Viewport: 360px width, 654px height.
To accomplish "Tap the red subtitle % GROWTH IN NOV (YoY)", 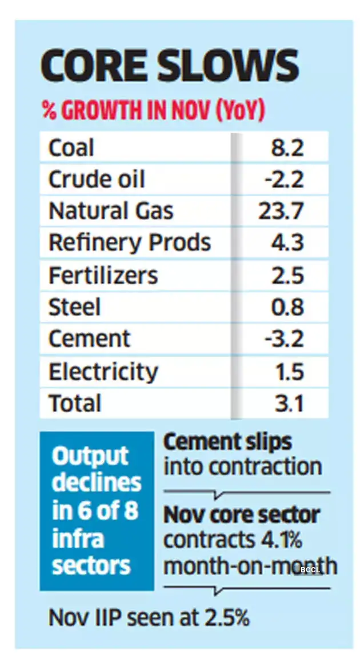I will (153, 111).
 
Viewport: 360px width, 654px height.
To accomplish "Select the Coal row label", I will (71, 148).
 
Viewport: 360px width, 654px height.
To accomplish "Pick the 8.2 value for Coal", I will (287, 148).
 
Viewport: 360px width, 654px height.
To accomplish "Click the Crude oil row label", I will (97, 180).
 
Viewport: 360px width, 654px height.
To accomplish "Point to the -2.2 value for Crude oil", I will (284, 180).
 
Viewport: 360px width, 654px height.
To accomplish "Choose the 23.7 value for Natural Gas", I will (281, 211).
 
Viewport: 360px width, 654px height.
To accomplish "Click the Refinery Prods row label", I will (130, 243).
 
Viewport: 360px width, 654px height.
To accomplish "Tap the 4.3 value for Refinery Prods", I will (287, 243).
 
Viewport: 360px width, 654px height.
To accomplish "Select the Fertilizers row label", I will (103, 276).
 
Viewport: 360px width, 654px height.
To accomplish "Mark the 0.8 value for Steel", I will (287, 308).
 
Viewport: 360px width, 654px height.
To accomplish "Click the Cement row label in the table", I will (89, 339).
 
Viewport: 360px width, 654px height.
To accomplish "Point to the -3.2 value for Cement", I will (284, 339).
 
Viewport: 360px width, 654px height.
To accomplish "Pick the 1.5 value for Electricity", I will (288, 372).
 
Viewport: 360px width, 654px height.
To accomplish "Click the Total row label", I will (75, 404).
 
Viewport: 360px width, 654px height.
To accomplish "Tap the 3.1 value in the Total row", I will (288, 404).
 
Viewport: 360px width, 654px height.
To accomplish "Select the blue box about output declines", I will (97, 511).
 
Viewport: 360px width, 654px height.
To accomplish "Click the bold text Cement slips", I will (227, 442).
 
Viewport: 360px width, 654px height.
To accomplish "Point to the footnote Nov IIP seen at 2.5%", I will (149, 617).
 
